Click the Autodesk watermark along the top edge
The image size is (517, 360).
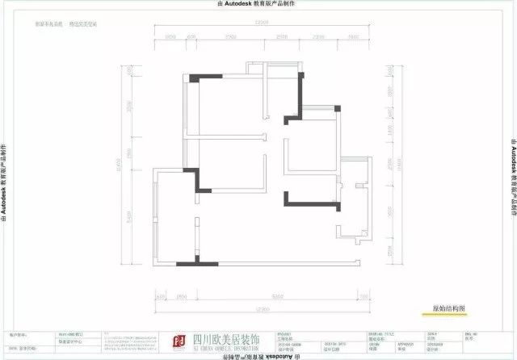(x=258, y=4)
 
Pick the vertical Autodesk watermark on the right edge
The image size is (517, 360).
(x=512, y=179)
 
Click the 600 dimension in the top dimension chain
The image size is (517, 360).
(x=191, y=37)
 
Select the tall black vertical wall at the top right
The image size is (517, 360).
(x=301, y=94)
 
